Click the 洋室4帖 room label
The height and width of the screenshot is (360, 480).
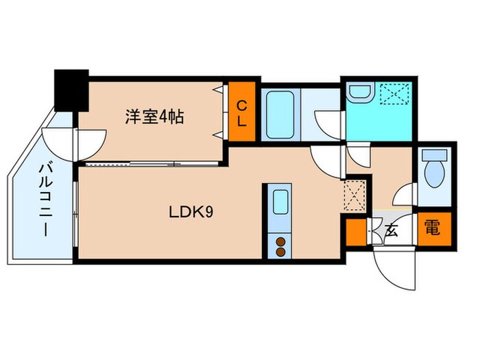[154, 117]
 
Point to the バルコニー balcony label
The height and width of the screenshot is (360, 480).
[46, 199]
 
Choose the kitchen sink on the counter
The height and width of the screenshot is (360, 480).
[280, 203]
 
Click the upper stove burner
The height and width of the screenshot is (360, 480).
[280, 241]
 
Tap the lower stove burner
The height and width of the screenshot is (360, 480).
[280, 252]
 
